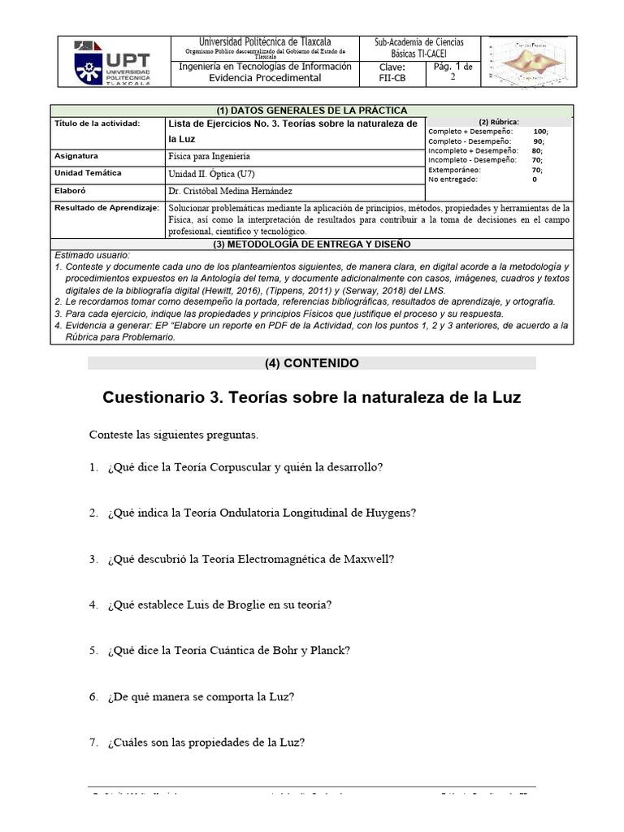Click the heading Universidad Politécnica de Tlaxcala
265,42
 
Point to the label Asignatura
76,155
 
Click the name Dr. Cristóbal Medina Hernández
230,191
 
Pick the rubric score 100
540,131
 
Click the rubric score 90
538,141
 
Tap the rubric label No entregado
454,180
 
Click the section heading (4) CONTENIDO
312,364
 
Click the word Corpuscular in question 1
245,468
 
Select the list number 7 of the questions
94,743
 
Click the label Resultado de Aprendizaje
106,209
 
